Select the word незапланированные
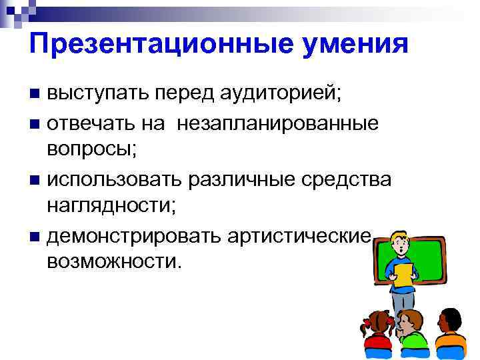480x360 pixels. pos(278,123)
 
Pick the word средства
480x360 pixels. pos(349,179)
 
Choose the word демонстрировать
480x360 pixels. pos(133,235)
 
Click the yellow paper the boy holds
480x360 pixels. pos(403,273)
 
